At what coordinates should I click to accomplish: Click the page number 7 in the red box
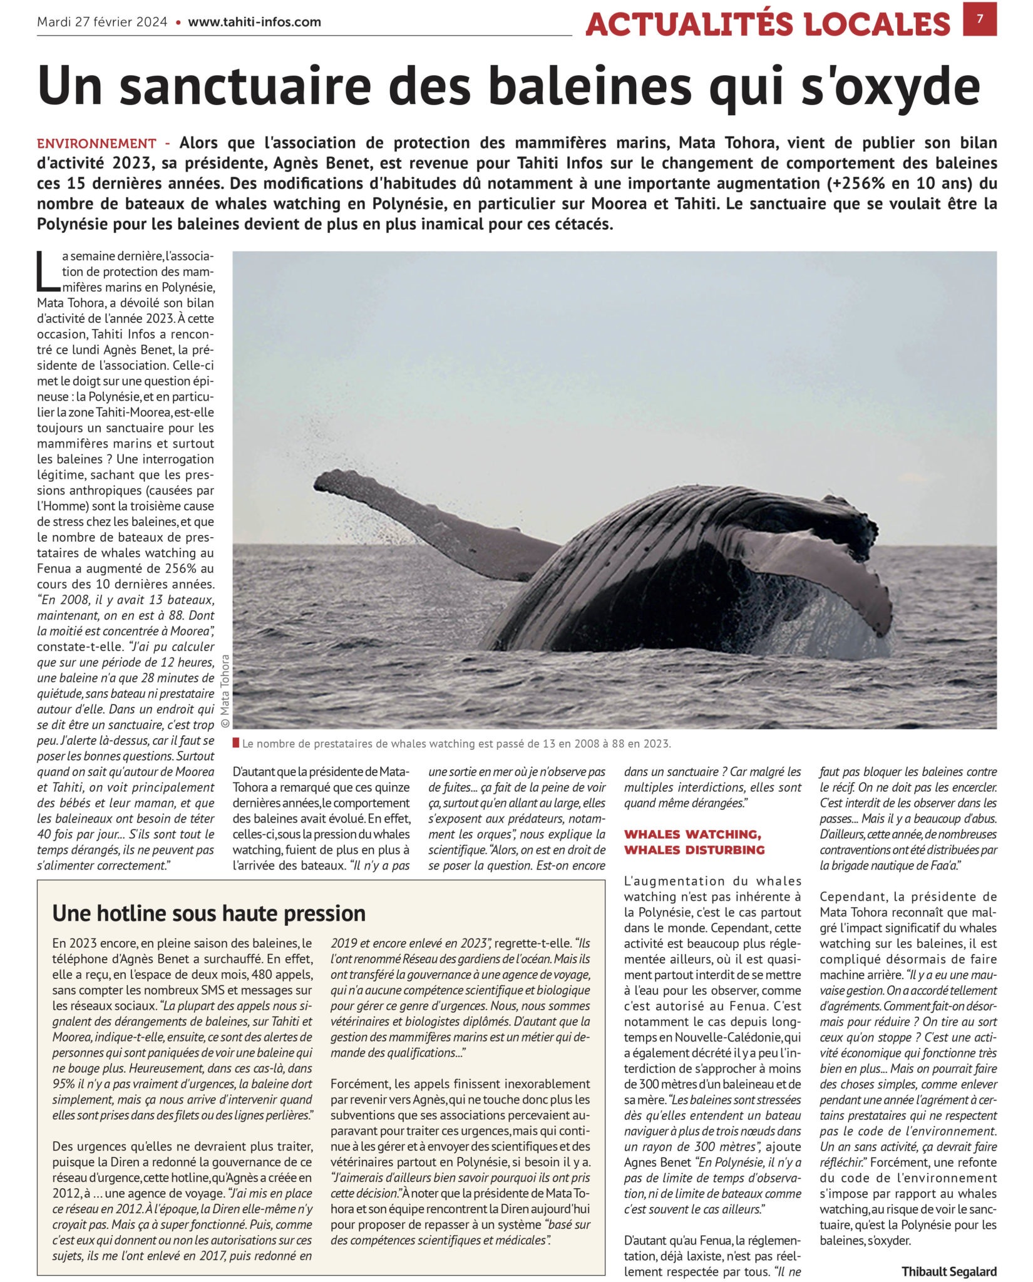click(980, 19)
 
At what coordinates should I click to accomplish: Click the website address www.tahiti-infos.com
click(254, 22)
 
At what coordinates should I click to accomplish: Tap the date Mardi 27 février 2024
click(102, 22)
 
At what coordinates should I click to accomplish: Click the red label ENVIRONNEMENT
click(96, 143)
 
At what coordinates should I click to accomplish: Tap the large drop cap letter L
click(48, 271)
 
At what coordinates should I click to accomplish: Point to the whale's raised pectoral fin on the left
click(432, 523)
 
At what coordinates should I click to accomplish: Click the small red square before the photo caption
click(235, 744)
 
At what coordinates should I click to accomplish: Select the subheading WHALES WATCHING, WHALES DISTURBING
click(694, 842)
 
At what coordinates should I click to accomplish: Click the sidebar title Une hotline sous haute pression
click(208, 913)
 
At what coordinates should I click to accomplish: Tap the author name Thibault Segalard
click(949, 1271)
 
